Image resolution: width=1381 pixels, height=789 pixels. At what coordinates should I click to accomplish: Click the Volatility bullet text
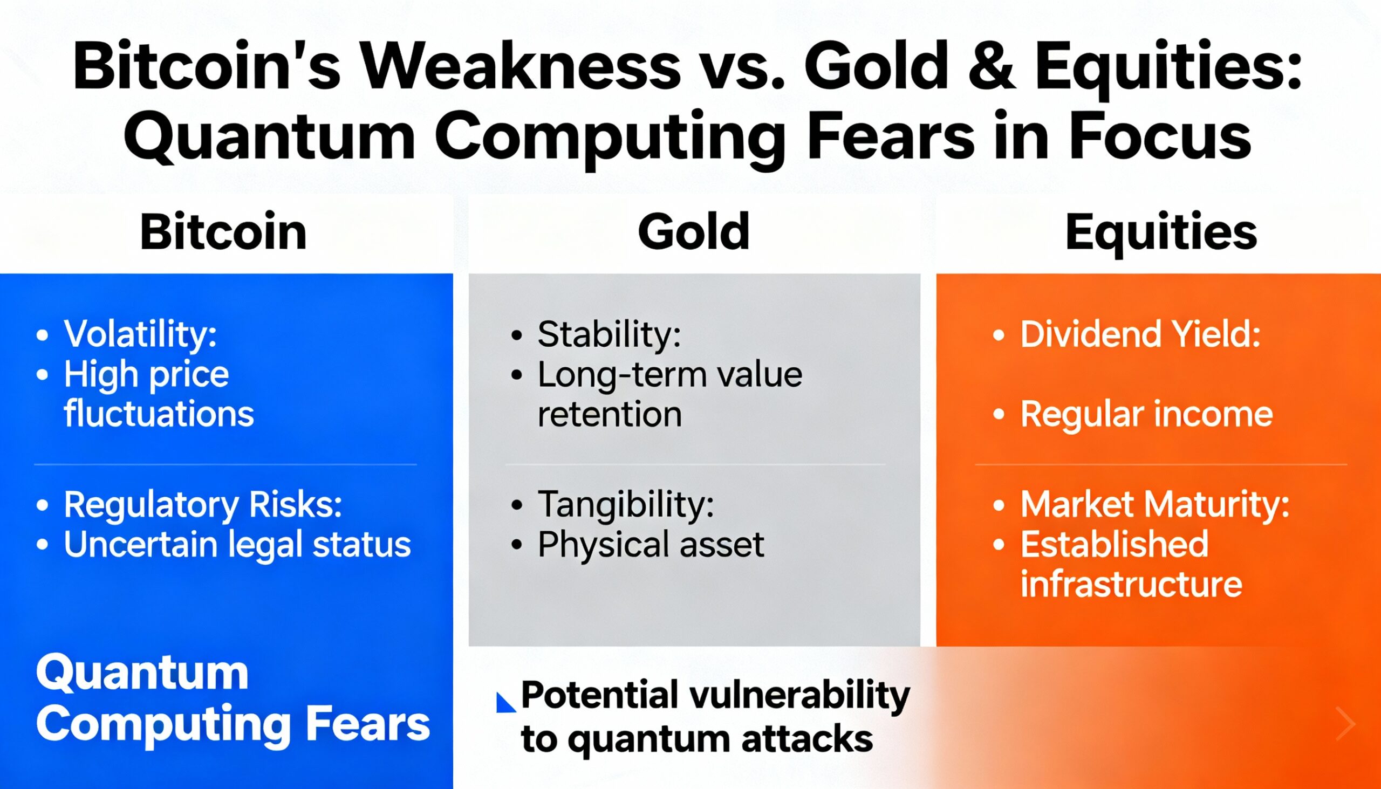tap(140, 334)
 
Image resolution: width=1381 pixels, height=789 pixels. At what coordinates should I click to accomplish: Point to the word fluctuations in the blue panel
tap(159, 414)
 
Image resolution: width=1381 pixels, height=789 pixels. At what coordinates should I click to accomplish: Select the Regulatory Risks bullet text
tap(203, 504)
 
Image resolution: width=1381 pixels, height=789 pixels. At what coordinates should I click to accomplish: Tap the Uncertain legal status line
tap(237, 544)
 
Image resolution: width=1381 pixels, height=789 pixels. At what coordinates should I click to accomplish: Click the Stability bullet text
tap(609, 334)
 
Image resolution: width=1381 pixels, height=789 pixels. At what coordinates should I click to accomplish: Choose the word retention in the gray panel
tap(609, 414)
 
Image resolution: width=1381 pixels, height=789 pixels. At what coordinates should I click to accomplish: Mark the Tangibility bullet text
tap(625, 504)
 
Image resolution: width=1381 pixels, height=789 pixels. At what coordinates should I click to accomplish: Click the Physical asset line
tap(651, 544)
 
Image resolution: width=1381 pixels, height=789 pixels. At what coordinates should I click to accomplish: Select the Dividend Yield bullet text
tap(1140, 334)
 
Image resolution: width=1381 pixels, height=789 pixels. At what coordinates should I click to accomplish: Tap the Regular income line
tap(1146, 414)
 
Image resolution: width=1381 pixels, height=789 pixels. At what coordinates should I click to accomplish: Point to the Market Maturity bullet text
tap(1155, 504)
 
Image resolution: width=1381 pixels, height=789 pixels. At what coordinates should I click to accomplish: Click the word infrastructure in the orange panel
tap(1131, 584)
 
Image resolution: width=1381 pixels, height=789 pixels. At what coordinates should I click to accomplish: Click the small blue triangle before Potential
tap(504, 703)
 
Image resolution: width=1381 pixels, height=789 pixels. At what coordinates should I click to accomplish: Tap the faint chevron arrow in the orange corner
tap(1345, 723)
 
